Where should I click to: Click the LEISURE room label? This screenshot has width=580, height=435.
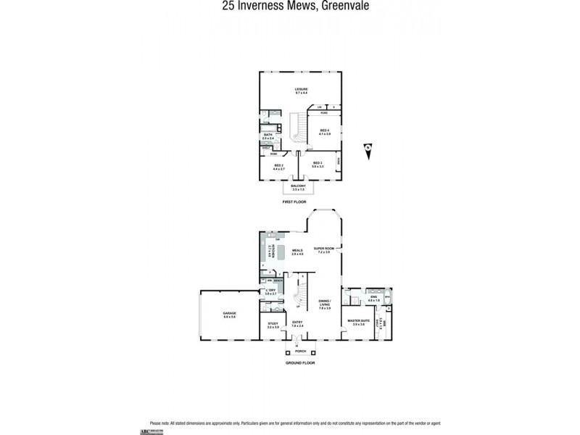(302, 91)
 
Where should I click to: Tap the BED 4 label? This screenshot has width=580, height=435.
(325, 131)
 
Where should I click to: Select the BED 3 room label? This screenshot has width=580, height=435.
(317, 165)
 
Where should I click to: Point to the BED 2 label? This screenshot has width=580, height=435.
(278, 166)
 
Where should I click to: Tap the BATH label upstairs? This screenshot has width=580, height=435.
(268, 136)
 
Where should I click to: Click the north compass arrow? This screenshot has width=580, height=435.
(369, 149)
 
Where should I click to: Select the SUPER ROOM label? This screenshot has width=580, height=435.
(322, 249)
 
